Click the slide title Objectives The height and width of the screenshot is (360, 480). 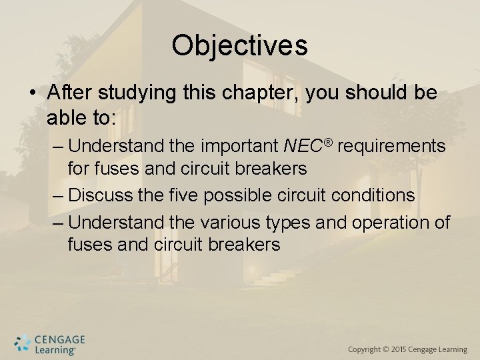tap(239, 45)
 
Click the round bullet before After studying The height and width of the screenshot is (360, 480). tap(34, 94)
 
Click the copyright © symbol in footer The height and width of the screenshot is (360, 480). tap(386, 350)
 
